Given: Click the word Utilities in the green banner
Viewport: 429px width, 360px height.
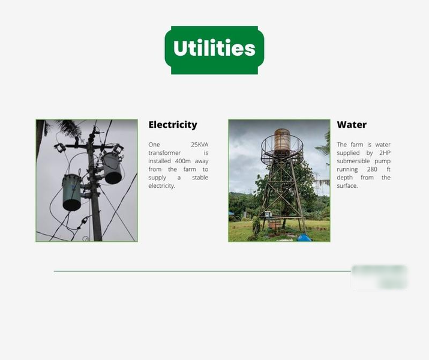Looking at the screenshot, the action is [214, 48].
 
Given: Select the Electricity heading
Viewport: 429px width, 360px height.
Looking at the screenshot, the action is [173, 125].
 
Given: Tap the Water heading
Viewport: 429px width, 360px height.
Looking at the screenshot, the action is [352, 125].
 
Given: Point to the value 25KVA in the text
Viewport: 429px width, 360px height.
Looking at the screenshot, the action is [199, 145].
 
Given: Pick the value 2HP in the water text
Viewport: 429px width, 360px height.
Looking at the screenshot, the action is [385, 152].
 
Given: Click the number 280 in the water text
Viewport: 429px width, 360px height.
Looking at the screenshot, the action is [372, 169].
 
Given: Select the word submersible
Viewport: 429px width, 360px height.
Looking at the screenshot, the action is [353, 161].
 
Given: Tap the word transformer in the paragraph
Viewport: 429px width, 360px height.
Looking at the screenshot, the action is [164, 152].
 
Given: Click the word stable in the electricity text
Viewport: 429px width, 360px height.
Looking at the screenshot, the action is [200, 177].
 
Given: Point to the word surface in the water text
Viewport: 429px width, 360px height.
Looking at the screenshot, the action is [347, 185].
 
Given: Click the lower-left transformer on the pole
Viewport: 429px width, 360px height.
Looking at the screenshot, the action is [71, 193].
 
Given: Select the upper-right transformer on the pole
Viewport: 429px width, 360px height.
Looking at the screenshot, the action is [112, 168].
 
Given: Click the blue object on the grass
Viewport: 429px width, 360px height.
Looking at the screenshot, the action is [304, 238].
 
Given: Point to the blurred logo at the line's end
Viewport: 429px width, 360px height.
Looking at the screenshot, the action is [380, 277].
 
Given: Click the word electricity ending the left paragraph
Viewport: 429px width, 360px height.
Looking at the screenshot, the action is [161, 185].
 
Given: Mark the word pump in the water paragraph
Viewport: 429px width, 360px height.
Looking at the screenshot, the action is [382, 161].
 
